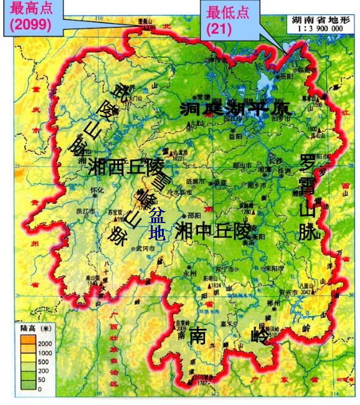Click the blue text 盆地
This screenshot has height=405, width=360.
pos(157,224)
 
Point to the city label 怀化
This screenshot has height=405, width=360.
pos(97,191)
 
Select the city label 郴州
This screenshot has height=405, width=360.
pos(273,303)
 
